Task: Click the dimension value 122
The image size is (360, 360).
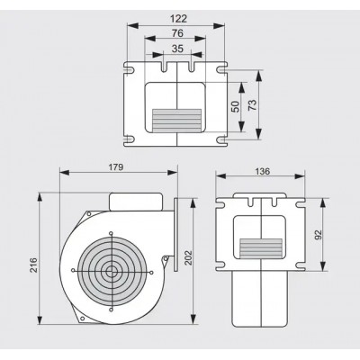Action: pyautogui.click(x=178, y=19)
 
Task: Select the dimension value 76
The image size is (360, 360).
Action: pyautogui.click(x=177, y=33)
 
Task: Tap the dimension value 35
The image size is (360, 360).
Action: pyautogui.click(x=177, y=49)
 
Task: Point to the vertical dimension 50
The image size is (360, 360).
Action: pyautogui.click(x=237, y=106)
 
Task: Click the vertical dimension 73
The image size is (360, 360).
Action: pyautogui.click(x=253, y=105)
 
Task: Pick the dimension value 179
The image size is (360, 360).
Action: pyautogui.click(x=116, y=167)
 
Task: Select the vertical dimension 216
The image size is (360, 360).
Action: pyautogui.click(x=33, y=265)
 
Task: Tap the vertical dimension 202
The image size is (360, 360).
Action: pyautogui.click(x=187, y=258)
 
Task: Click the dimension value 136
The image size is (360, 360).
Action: pyautogui.click(x=263, y=172)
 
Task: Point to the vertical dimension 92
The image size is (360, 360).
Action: pyautogui.click(x=318, y=234)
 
